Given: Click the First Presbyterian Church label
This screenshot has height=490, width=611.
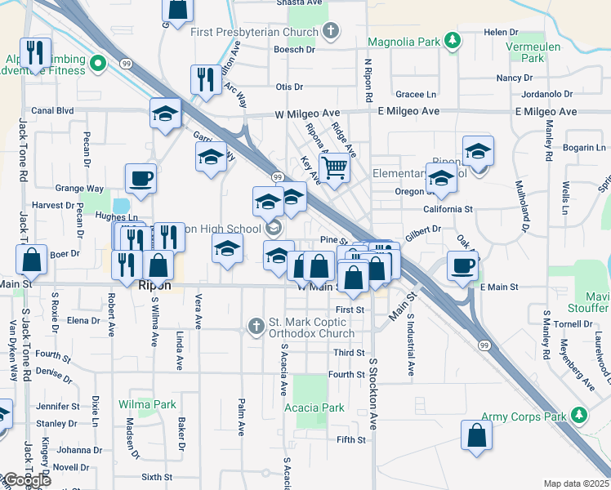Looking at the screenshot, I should tap(254, 33).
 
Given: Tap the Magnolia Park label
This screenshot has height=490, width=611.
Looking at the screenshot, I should tap(404, 41).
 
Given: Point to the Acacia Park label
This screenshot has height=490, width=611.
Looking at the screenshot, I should tap(314, 408).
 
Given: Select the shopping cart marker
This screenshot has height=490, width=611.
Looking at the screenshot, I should tap(334, 167).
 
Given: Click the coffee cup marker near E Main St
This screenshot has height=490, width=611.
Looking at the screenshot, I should tap(463, 265).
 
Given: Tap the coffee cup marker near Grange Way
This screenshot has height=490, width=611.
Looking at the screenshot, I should tap(140, 178).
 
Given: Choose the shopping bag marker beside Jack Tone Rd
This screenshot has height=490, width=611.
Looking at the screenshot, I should tap(31, 261).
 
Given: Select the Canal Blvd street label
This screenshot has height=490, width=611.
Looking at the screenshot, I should tap(52, 110).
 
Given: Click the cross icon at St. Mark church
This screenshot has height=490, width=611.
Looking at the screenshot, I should tap(256, 327).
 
